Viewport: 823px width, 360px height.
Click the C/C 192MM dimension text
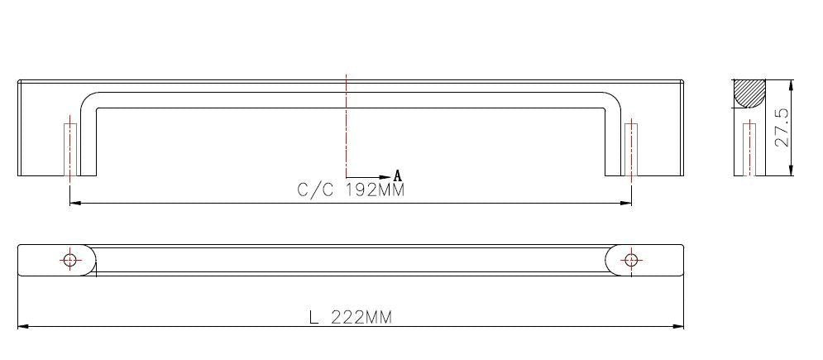click(x=352, y=190)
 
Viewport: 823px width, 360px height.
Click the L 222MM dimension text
click(x=351, y=317)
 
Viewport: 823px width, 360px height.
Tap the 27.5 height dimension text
click(x=782, y=127)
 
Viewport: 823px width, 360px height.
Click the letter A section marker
click(x=397, y=175)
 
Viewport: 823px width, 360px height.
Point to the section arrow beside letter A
click(x=369, y=177)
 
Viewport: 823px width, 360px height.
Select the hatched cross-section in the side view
click(x=749, y=94)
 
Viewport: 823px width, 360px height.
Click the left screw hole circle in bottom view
click(x=69, y=260)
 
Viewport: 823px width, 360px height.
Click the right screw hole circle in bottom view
click(x=631, y=260)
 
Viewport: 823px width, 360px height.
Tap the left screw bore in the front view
click(x=69, y=150)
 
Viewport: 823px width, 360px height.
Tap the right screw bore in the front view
click(x=631, y=150)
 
